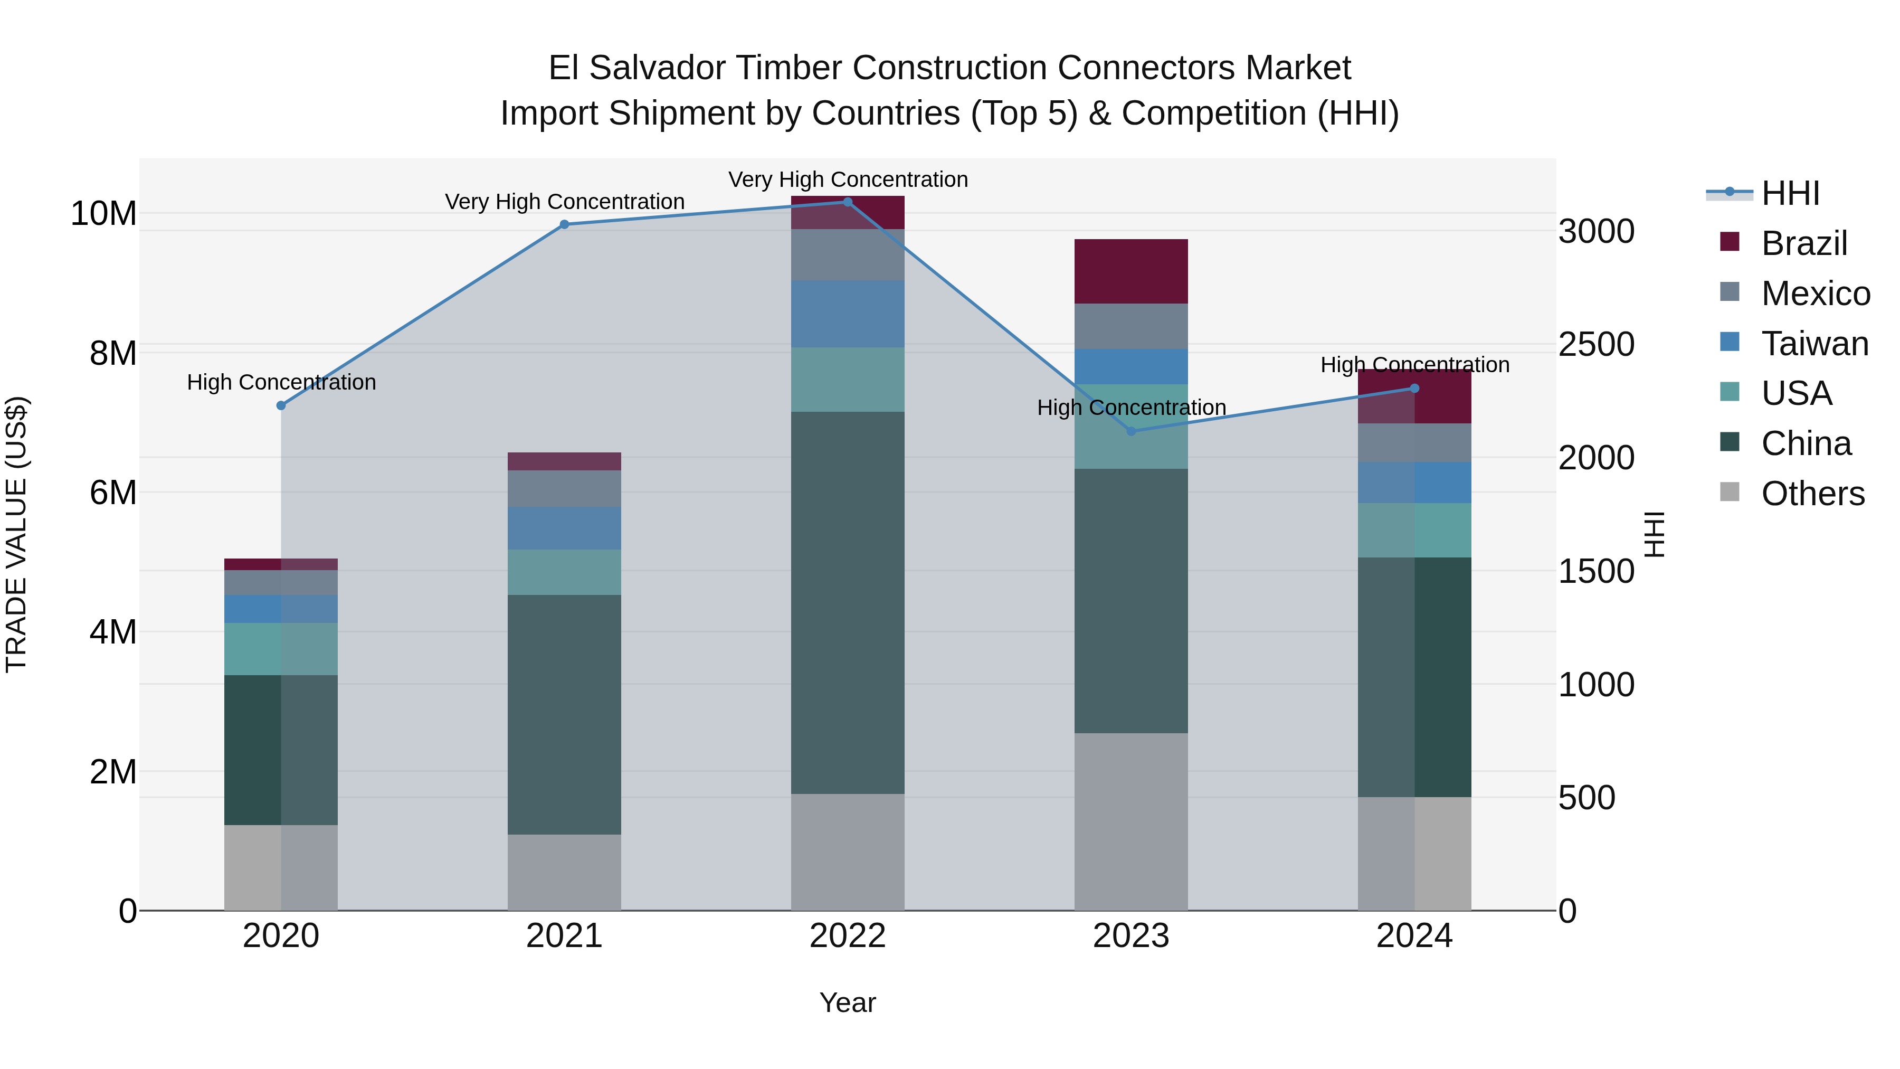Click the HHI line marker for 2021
(x=564, y=224)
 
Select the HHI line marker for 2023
(x=1130, y=431)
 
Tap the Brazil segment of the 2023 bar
(x=1130, y=271)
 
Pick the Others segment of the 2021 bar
(x=564, y=872)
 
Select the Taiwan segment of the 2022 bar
(x=848, y=314)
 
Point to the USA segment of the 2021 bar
(x=564, y=572)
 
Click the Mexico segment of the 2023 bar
(x=1130, y=326)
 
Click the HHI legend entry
(x=1789, y=193)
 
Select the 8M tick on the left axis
(x=113, y=353)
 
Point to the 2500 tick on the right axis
(x=1595, y=345)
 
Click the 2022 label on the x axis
(x=848, y=936)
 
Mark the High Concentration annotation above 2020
(x=281, y=382)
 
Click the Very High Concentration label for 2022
(x=848, y=179)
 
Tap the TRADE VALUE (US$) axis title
(x=16, y=534)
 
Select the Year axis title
(x=848, y=1002)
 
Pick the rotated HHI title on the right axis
(x=1655, y=534)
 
